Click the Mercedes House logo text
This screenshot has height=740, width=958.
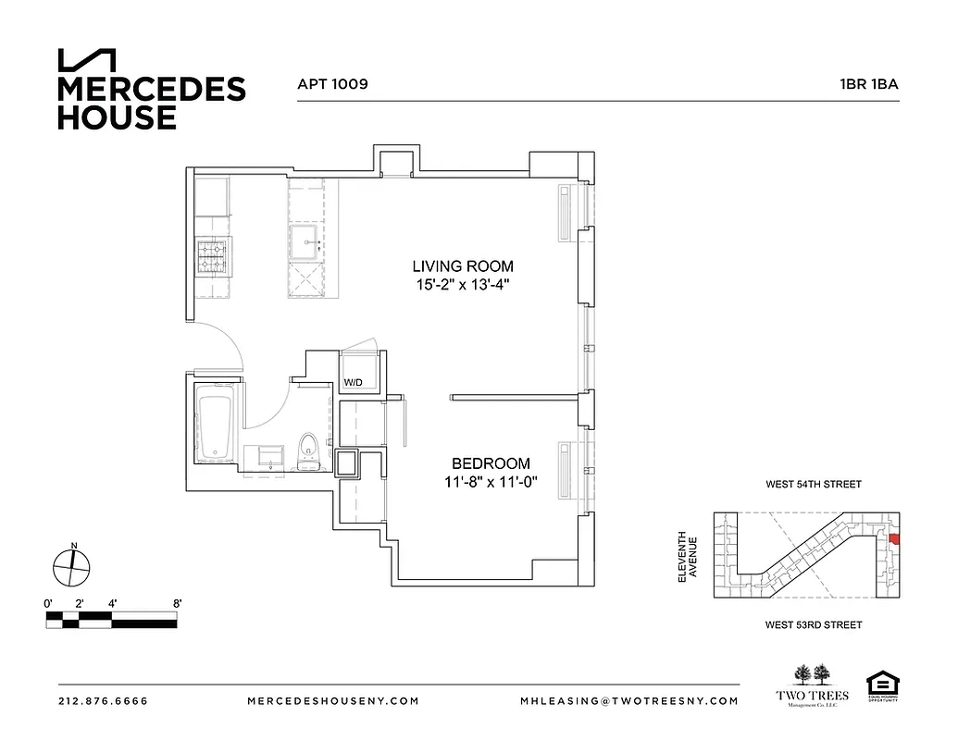152,102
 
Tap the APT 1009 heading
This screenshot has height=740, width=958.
332,83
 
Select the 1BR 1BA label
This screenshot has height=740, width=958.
865,83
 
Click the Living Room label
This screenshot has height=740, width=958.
464,266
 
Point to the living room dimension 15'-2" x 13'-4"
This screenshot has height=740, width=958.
464,286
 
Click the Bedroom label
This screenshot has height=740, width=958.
491,463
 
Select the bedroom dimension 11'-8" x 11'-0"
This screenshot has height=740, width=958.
491,482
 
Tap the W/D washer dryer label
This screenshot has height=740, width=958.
353,382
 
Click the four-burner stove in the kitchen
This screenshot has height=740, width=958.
212,255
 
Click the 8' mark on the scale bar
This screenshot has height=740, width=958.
176,603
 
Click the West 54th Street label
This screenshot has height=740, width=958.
813,484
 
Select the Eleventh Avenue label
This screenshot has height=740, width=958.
686,556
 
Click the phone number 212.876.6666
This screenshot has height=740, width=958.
103,701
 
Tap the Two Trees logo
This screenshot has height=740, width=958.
811,684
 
